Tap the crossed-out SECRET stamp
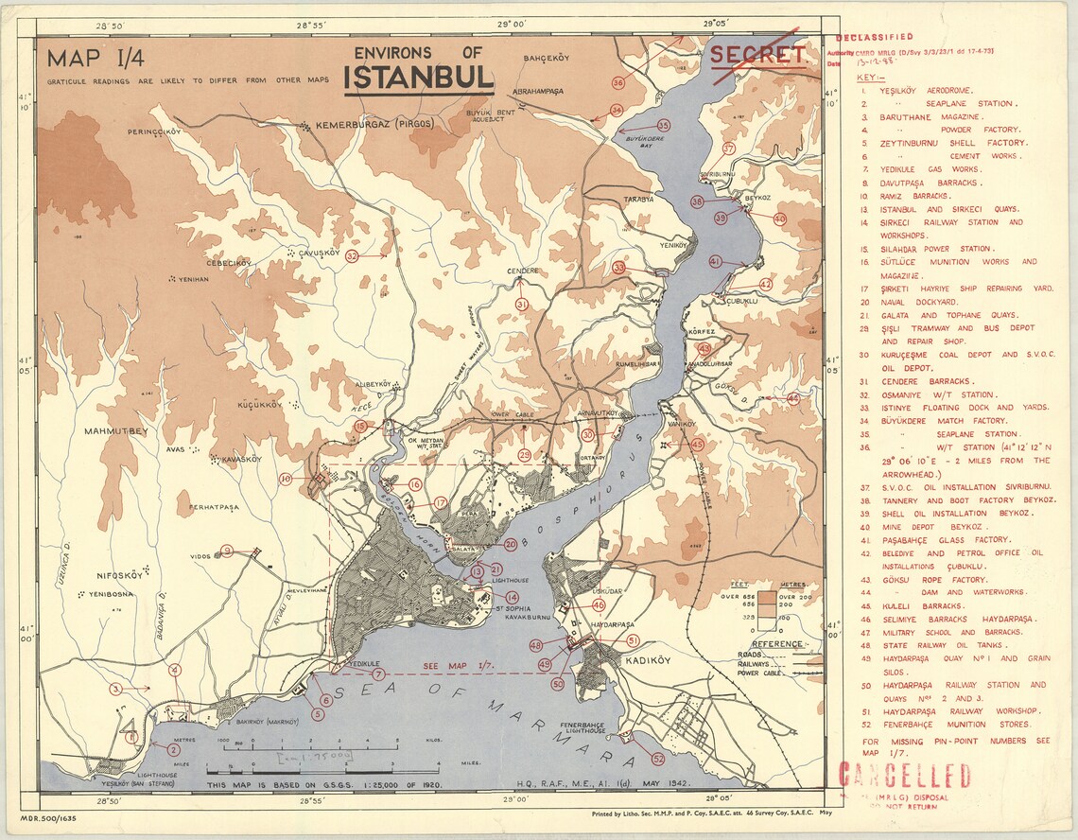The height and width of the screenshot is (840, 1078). click(757, 55)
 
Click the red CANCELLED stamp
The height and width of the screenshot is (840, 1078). click(904, 776)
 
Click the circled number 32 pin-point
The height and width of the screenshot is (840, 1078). click(352, 255)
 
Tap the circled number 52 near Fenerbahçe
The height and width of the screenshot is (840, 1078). click(658, 758)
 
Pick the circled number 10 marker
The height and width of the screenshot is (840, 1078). click(286, 480)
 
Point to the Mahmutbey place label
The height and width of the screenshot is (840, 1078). click(116, 431)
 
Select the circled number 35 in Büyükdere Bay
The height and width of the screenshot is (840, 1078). click(663, 125)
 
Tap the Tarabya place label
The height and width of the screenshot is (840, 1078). click(638, 200)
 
